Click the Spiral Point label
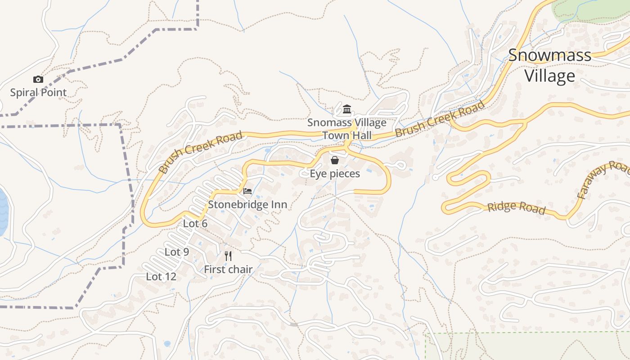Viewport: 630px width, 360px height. coord(38,93)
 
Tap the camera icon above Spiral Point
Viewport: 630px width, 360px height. coord(38,80)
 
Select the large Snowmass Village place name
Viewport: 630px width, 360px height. coord(549,66)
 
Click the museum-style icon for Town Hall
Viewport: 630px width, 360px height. coord(346,109)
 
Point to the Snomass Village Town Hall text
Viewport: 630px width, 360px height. coord(346,129)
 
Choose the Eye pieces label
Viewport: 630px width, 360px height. coord(335,174)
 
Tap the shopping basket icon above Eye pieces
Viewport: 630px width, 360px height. coord(335,160)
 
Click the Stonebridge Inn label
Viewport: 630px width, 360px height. coord(247,205)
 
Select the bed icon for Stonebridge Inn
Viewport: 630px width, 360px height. coord(247,191)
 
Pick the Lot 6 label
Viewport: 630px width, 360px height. coord(195,224)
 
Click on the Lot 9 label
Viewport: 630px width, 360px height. coord(176,252)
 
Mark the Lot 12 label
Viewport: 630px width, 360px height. coord(161,277)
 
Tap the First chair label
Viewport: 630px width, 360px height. coord(228,270)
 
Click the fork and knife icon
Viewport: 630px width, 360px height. coord(228,256)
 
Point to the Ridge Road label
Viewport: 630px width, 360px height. coord(516,207)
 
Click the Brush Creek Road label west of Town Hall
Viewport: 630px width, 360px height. coord(201,152)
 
